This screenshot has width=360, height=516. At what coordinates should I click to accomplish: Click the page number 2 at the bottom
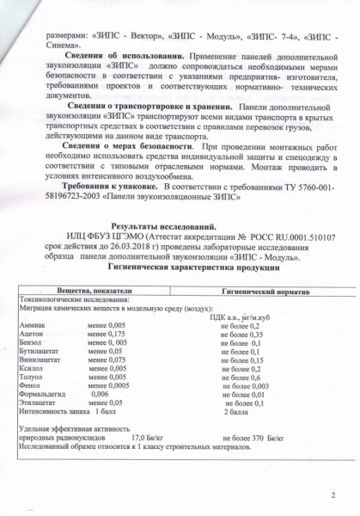(332, 494)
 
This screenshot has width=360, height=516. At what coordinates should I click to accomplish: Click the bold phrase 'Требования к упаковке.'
(99, 187)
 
